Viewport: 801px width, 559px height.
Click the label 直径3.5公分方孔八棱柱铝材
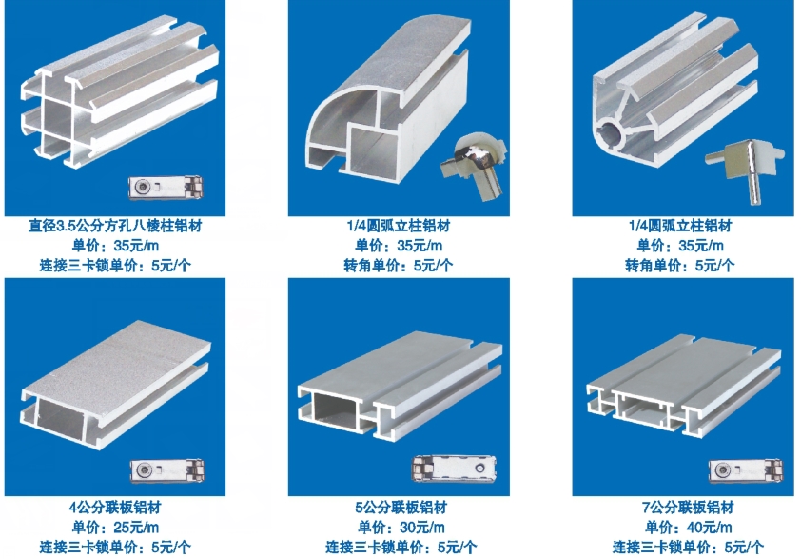115,227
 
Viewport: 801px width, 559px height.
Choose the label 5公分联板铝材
400,508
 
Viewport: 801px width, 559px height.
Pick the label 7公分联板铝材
687,508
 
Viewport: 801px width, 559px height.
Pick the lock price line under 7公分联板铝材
687,548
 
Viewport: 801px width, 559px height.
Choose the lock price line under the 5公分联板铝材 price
400,548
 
